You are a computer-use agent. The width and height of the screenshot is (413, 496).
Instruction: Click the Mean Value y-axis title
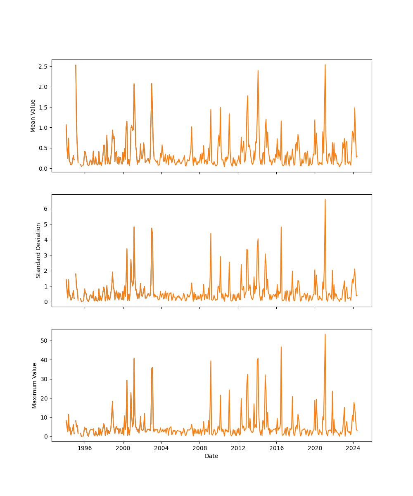coord(33,116)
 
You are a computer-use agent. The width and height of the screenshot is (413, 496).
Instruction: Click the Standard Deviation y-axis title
coord(38,250)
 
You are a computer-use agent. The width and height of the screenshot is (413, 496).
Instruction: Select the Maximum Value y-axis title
coord(35,385)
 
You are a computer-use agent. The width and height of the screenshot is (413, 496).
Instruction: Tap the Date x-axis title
coord(211,456)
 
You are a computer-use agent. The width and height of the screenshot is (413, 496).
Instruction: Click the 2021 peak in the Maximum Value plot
coord(325,334)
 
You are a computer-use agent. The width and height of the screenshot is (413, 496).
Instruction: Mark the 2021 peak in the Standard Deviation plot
coord(325,200)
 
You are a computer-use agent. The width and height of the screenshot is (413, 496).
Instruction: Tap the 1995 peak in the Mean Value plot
coord(76,65)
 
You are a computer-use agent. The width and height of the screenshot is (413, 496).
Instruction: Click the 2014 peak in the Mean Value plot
coord(258,71)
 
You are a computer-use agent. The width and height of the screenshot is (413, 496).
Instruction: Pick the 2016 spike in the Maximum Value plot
coord(281,347)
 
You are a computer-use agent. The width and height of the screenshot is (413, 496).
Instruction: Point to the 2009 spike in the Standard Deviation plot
coord(211,233)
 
